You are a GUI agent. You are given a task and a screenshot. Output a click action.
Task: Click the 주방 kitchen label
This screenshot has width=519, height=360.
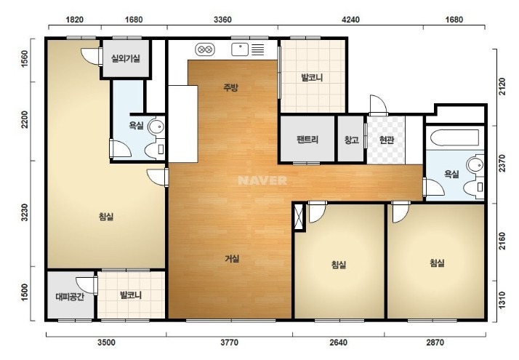pyautogui.click(x=230, y=87)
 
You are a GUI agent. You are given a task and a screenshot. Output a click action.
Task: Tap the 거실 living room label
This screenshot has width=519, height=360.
pyautogui.click(x=232, y=259)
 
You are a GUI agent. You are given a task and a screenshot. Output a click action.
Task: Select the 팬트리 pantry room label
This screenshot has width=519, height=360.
pyautogui.click(x=307, y=140)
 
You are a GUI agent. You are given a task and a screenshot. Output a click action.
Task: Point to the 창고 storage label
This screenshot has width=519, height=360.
pyautogui.click(x=352, y=140)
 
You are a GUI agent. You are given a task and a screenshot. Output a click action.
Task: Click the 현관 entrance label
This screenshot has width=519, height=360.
pyautogui.click(x=386, y=140)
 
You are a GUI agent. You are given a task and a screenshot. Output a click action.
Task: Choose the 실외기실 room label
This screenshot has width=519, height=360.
pyautogui.click(x=126, y=59)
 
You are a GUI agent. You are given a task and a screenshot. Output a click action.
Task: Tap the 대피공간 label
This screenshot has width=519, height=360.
pyautogui.click(x=70, y=297)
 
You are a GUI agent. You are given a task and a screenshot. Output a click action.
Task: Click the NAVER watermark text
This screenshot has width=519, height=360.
pyautogui.click(x=262, y=180)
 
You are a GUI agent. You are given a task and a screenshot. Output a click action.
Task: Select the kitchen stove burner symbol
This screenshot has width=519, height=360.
pyautogui.click(x=205, y=49)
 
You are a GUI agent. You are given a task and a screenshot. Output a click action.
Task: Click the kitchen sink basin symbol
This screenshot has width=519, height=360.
pyautogui.click(x=240, y=49)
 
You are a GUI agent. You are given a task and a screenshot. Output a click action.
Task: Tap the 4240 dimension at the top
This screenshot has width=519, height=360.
pyautogui.click(x=350, y=20)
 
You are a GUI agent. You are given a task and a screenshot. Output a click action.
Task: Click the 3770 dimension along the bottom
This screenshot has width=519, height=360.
pyautogui.click(x=230, y=342)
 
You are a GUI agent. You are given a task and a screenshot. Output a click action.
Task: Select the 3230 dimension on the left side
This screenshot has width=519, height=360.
pyautogui.click(x=25, y=214)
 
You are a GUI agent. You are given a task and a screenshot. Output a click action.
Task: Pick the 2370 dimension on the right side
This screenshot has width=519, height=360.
pyautogui.click(x=502, y=164)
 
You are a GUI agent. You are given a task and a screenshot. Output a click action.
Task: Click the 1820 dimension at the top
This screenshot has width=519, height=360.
pyautogui.click(x=74, y=20)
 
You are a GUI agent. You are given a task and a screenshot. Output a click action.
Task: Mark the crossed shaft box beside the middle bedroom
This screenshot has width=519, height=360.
pyautogui.click(x=299, y=217)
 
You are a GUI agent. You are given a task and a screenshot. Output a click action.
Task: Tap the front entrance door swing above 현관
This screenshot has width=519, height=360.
pyautogui.click(x=378, y=104)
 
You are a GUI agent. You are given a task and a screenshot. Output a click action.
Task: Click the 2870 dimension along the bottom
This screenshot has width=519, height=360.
pyautogui.click(x=435, y=342)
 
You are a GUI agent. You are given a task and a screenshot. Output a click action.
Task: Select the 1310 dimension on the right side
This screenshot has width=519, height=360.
pyautogui.click(x=502, y=300)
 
